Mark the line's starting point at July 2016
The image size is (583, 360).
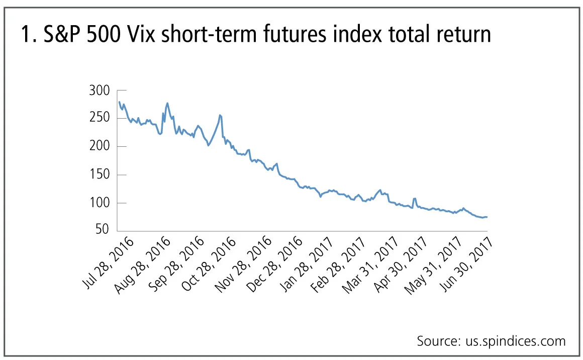[119, 102]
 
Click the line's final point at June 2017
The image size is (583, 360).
[487, 217]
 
